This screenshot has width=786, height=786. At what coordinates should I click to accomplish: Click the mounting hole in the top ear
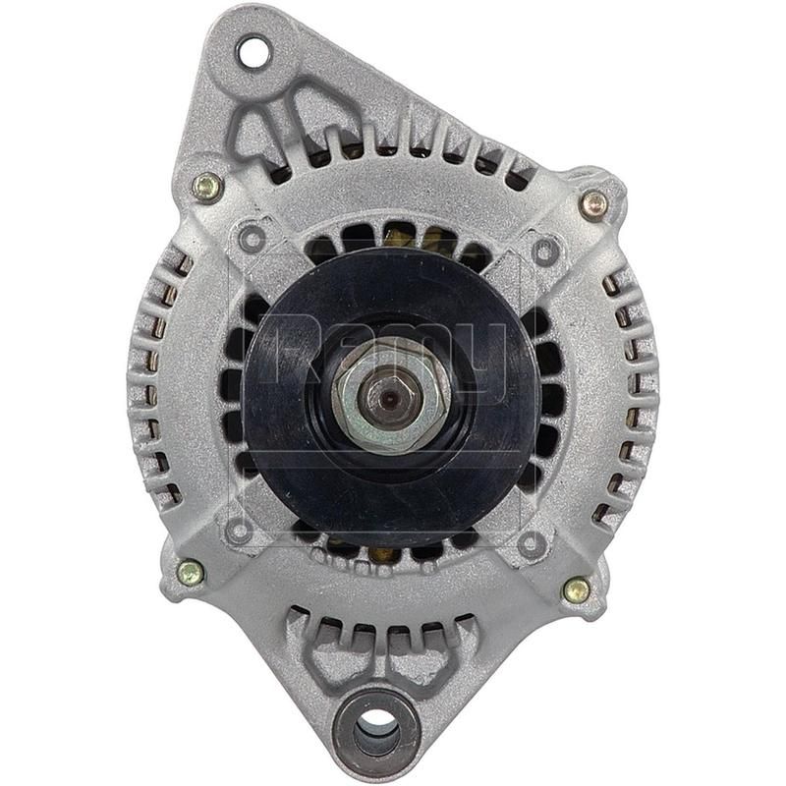[x=253, y=52]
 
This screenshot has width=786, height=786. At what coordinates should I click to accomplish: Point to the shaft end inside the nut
[x=391, y=396]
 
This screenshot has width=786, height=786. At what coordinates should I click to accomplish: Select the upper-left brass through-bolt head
[x=206, y=187]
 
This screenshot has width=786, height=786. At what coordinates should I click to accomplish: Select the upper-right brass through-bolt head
[x=593, y=204]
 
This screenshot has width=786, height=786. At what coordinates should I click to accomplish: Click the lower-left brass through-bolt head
[x=190, y=572]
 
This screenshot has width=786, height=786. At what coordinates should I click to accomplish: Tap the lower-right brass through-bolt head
[x=577, y=589]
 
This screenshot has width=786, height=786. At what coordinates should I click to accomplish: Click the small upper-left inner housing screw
[x=253, y=235]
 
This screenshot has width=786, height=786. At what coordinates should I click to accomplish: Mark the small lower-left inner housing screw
[x=238, y=532]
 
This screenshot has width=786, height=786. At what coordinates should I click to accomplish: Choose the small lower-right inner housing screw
[x=532, y=544]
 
